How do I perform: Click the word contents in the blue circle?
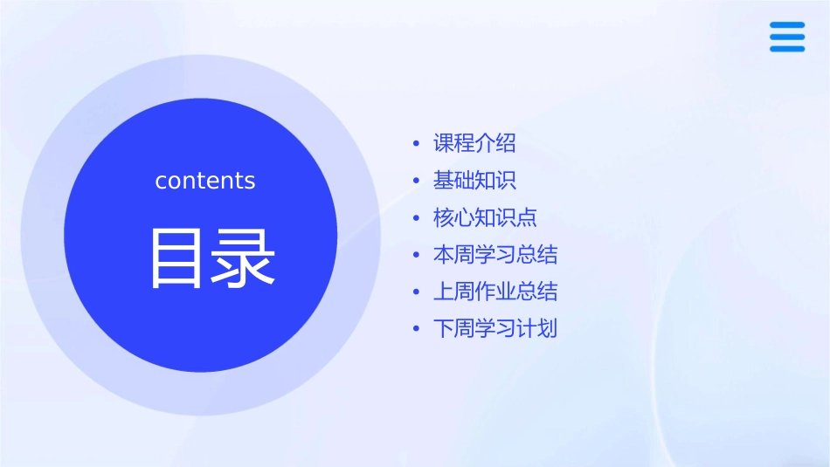point(205,181)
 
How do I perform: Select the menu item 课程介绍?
point(474,143)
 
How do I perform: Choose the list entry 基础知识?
point(474,181)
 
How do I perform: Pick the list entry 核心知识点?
point(485,217)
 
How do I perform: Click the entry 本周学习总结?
point(495,255)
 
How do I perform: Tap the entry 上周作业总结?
point(495,292)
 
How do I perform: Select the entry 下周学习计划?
point(495,329)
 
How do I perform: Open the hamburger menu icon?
point(787,37)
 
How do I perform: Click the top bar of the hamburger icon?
point(787,24)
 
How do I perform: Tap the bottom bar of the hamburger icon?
point(787,49)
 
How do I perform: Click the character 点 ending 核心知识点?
point(527,217)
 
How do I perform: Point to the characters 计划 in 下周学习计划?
point(537,329)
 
